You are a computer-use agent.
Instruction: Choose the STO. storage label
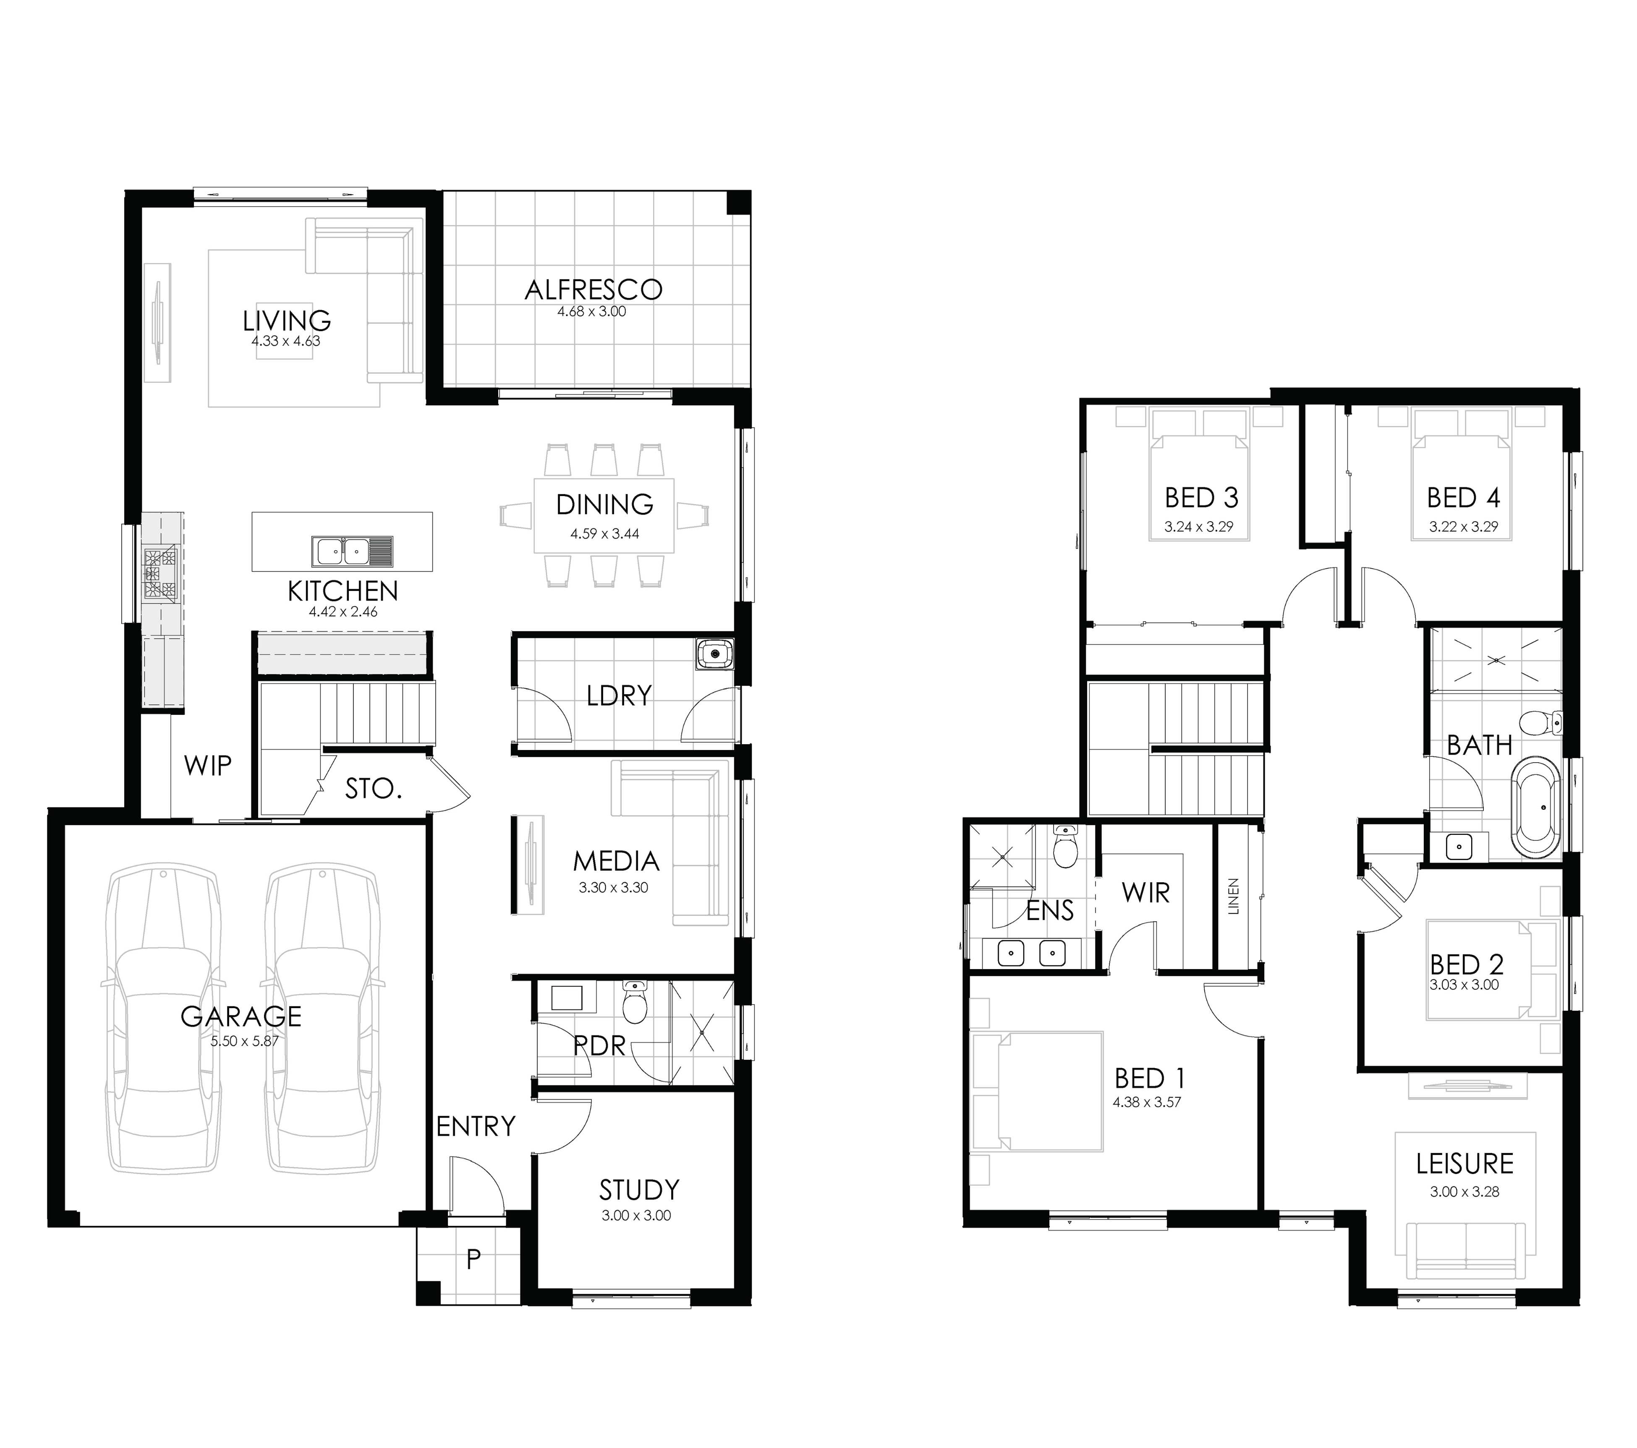(373, 789)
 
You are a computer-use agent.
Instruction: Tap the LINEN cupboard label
(1233, 897)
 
